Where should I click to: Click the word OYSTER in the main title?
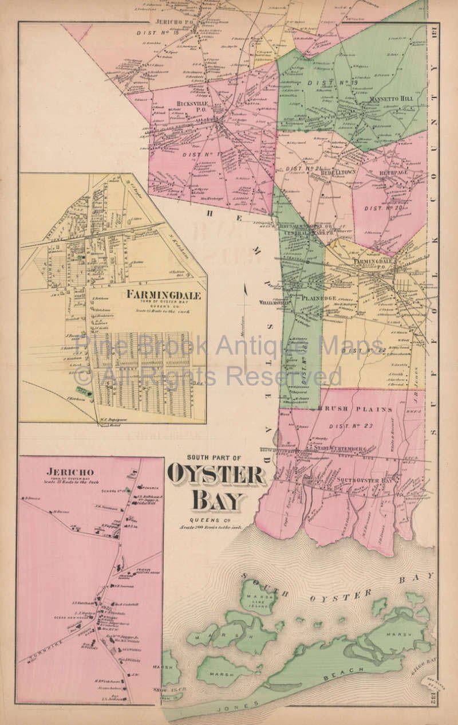(216, 475)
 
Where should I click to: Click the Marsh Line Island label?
(261, 599)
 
